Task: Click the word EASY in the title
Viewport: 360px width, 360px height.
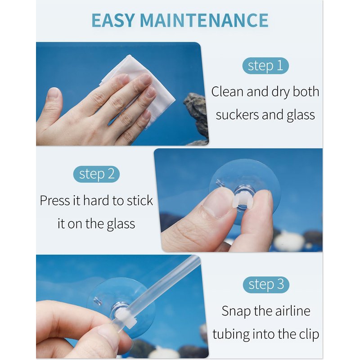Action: (113, 20)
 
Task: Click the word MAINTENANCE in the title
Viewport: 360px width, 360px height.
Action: (204, 20)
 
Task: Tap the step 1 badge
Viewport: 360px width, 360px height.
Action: (265, 66)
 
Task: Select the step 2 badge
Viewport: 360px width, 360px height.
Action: (96, 174)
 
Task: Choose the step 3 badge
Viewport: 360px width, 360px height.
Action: (266, 285)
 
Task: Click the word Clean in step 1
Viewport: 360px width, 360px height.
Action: (227, 92)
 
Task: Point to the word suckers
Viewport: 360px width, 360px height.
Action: (237, 115)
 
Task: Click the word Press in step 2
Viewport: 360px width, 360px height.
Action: (55, 200)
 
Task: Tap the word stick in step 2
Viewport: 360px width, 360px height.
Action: (140, 200)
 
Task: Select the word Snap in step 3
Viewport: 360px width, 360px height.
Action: (236, 311)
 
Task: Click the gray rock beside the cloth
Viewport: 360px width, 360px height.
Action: (197, 115)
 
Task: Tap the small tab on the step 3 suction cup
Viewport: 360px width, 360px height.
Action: (98, 301)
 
